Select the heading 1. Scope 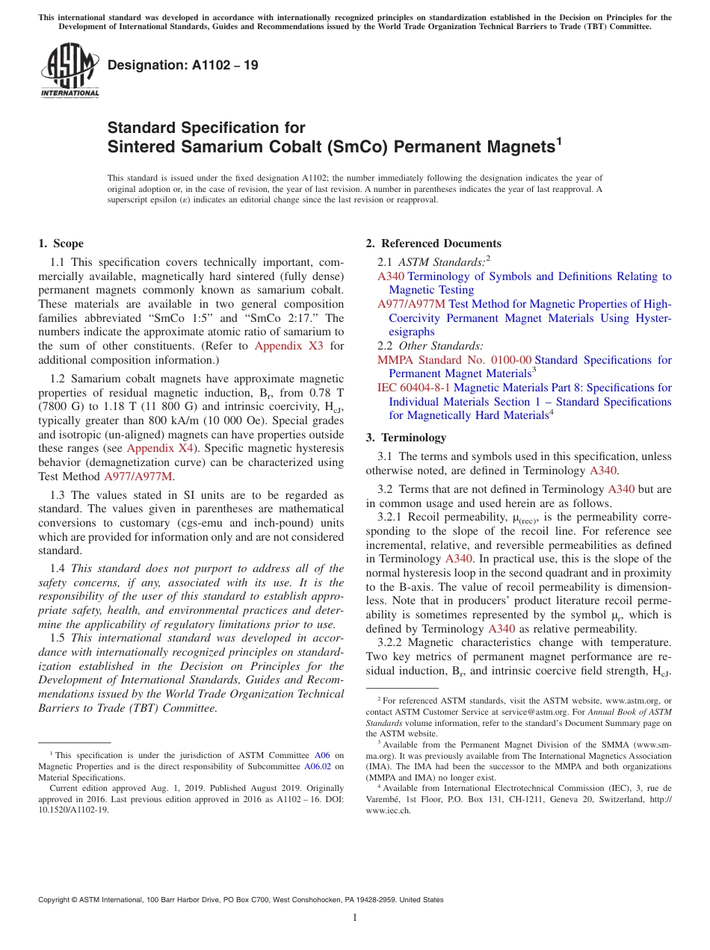(61, 243)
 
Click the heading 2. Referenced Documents (433, 243)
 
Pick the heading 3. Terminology (407, 438)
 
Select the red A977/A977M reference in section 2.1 (411, 304)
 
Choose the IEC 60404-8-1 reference (414, 388)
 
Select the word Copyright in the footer (57, 900)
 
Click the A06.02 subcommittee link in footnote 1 (318, 766)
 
